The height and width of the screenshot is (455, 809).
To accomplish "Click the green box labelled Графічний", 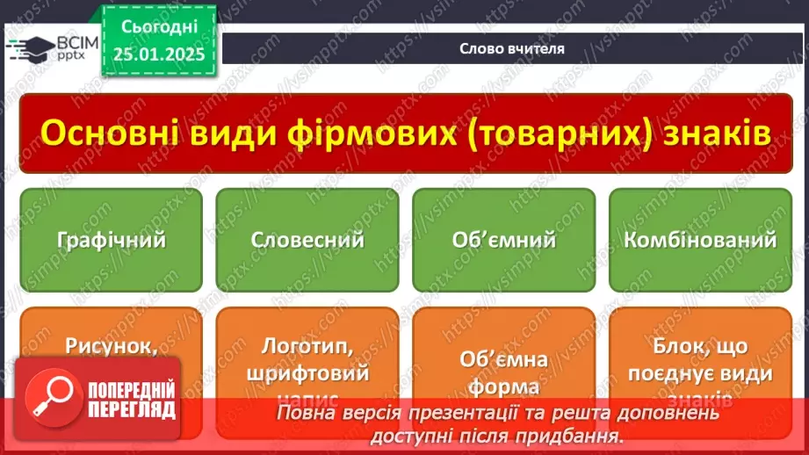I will (x=111, y=240).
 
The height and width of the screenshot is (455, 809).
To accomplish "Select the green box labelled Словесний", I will (x=307, y=240).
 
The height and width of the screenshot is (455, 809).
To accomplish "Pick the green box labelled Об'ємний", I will (x=503, y=240).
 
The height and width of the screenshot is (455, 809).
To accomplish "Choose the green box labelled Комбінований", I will (x=700, y=240).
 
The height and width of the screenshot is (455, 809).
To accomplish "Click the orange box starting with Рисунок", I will (x=111, y=346).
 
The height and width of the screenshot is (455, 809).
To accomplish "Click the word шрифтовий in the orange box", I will (x=307, y=372).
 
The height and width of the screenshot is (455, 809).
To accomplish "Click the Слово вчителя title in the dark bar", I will (x=512, y=48).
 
